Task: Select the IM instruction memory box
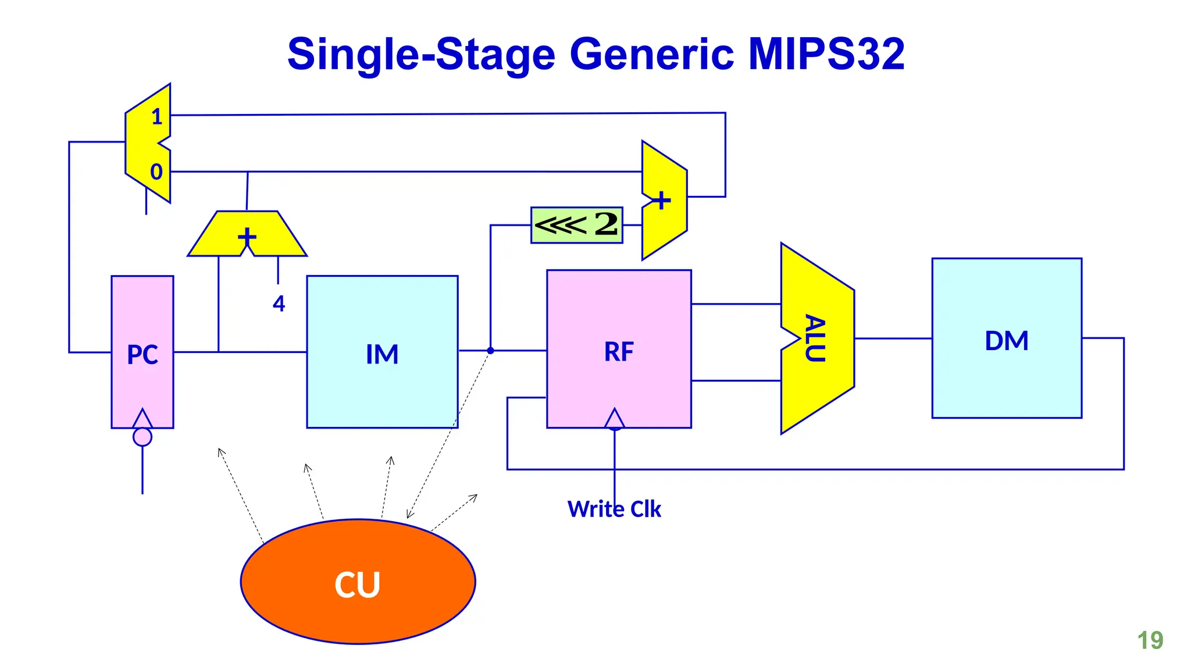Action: pos(382,352)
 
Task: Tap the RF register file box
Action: pos(619,349)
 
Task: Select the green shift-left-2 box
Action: pos(576,225)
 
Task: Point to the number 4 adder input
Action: pos(279,304)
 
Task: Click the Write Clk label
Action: pos(614,509)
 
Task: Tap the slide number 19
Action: pos(1150,640)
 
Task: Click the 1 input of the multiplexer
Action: pos(156,117)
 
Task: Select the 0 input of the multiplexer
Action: pos(156,172)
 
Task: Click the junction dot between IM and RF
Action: pos(490,351)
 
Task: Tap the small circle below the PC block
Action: pos(142,437)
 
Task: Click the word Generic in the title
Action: pos(651,54)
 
